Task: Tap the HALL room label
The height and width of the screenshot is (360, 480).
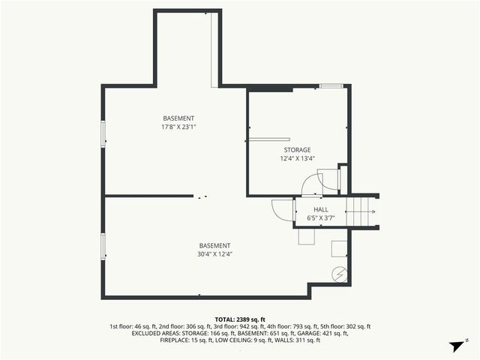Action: tap(321, 210)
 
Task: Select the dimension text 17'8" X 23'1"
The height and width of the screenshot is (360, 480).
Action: tap(178, 127)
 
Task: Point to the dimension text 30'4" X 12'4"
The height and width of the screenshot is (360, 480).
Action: tap(214, 254)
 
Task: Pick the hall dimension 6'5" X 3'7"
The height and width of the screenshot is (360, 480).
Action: tap(321, 218)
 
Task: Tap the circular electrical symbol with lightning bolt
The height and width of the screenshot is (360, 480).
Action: tap(340, 274)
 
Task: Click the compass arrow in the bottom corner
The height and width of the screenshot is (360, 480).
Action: tap(454, 346)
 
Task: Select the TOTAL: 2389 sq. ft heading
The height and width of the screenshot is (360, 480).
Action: tap(240, 319)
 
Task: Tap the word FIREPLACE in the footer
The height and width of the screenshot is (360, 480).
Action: tap(175, 340)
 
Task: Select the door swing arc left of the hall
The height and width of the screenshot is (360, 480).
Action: tap(281, 210)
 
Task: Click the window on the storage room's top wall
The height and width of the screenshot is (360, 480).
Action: tap(330, 86)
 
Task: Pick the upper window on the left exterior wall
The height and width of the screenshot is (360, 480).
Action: tap(103, 133)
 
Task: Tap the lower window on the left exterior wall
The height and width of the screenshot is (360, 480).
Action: tap(103, 244)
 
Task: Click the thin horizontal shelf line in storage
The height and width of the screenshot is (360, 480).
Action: tap(271, 139)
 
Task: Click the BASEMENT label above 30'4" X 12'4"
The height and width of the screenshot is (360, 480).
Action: tap(214, 246)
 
